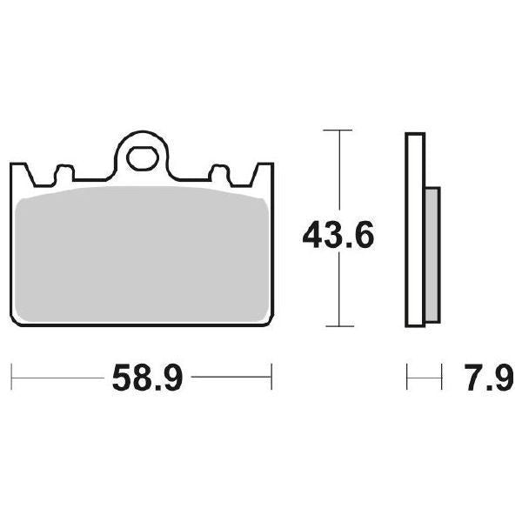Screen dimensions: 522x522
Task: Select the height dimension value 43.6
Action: (338, 236)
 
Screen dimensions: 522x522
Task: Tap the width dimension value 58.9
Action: (145, 378)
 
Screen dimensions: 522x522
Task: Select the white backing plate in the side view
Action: (415, 231)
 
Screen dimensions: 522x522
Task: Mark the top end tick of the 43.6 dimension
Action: (338, 130)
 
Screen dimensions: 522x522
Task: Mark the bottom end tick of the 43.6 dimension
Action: (338, 326)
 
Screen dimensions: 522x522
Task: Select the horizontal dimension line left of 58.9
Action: (57, 378)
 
